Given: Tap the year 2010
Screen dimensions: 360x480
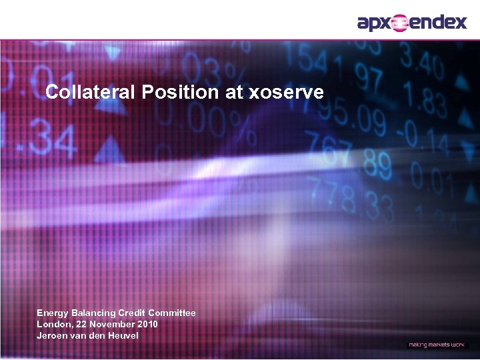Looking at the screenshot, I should (x=147, y=324).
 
